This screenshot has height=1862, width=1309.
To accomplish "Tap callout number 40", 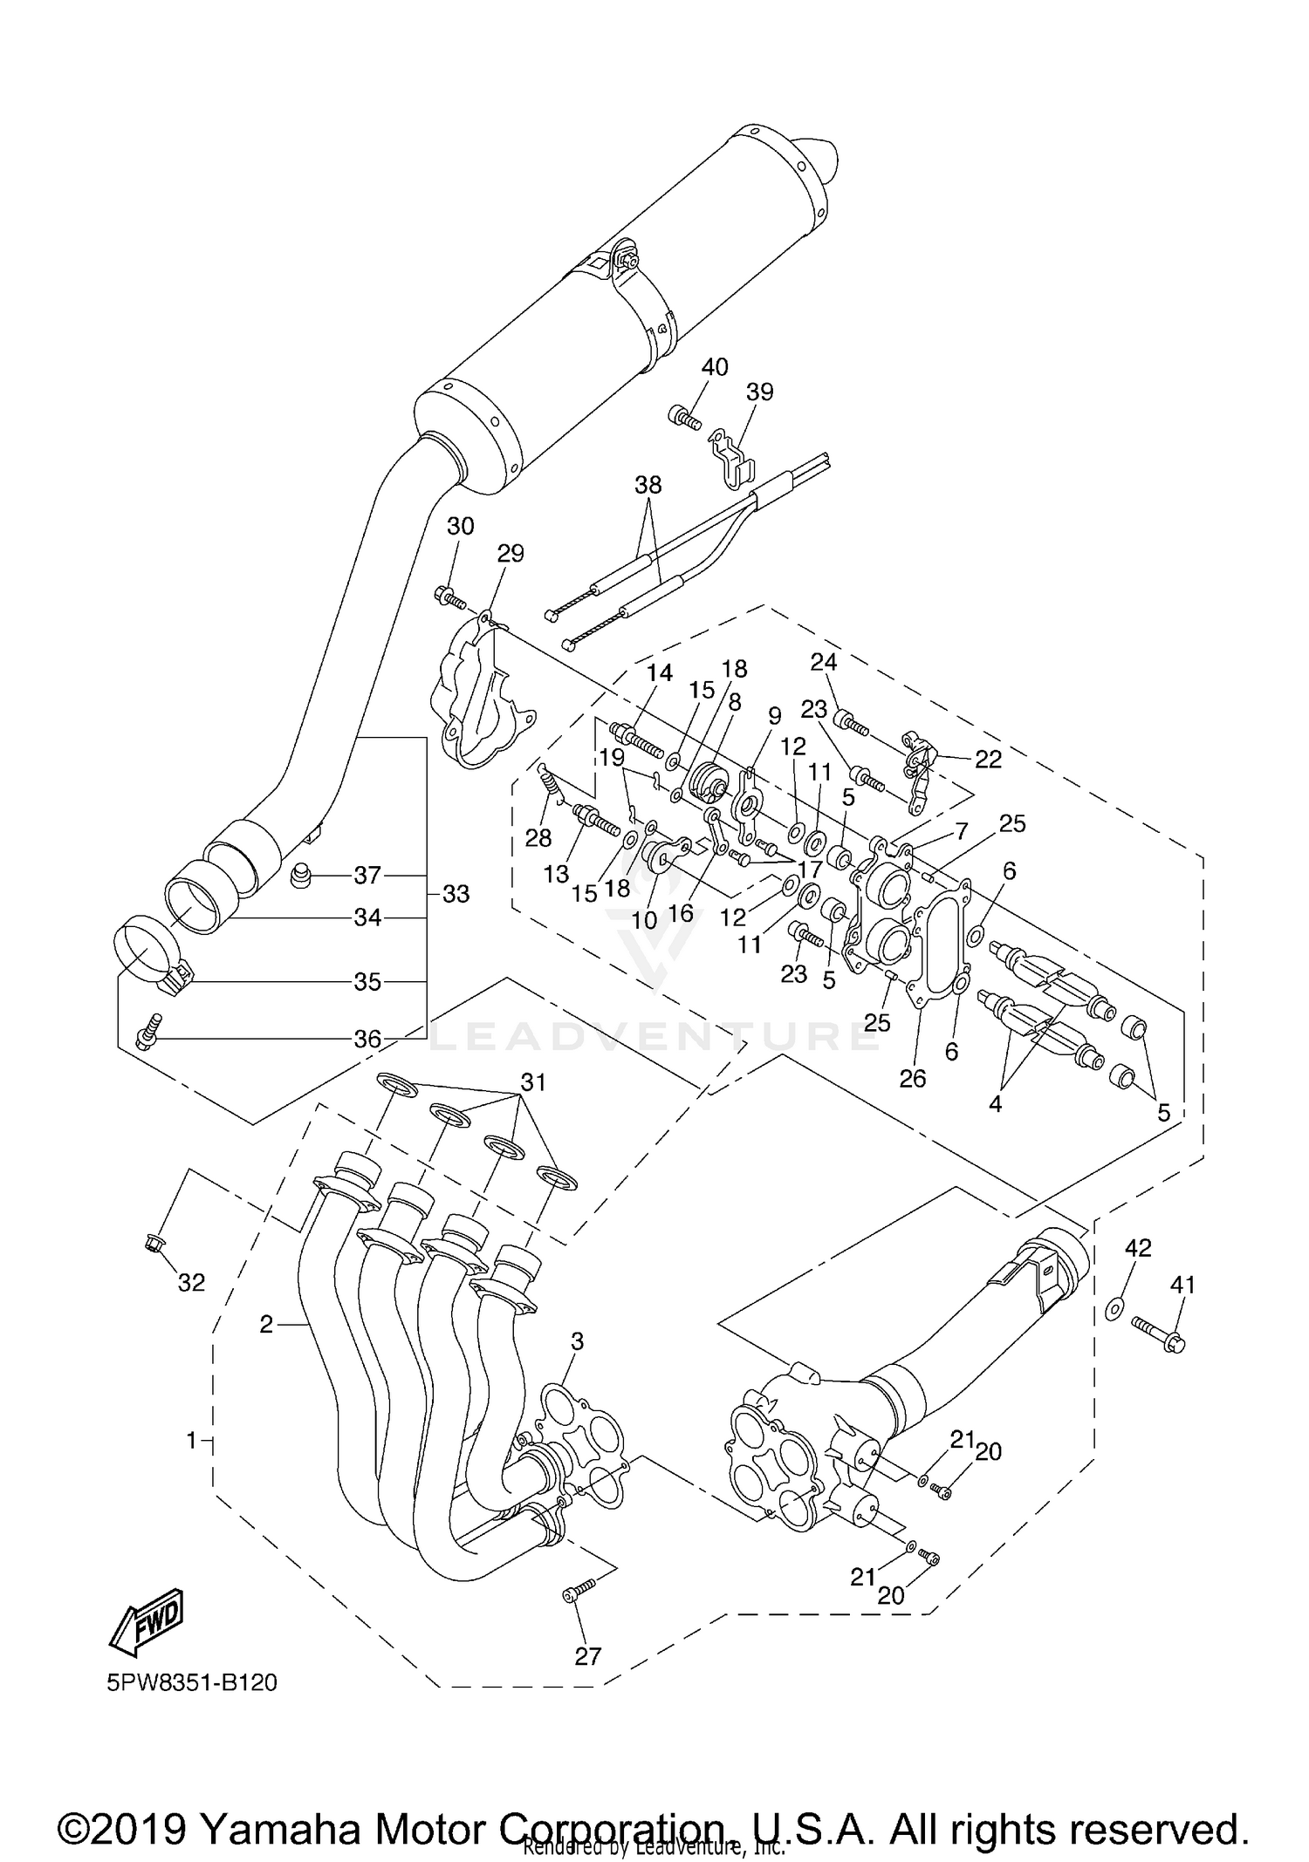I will [715, 367].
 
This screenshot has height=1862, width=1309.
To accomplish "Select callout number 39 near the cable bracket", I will [760, 392].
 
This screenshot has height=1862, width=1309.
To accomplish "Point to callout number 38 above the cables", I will [648, 485].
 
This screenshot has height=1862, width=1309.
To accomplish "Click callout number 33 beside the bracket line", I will [456, 894].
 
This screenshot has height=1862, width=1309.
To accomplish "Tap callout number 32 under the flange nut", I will [191, 1283].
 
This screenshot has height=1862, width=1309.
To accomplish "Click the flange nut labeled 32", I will [151, 1242].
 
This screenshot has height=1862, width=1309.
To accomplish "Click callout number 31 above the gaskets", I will [533, 1082].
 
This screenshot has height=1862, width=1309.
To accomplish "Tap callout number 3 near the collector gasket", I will [577, 1341].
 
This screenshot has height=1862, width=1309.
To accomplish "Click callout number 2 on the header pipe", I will [266, 1325].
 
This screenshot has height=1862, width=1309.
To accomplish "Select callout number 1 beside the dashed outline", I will [192, 1441].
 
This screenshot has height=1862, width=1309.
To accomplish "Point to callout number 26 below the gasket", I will [913, 1079].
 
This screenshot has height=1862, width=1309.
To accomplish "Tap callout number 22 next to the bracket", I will [988, 760].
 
